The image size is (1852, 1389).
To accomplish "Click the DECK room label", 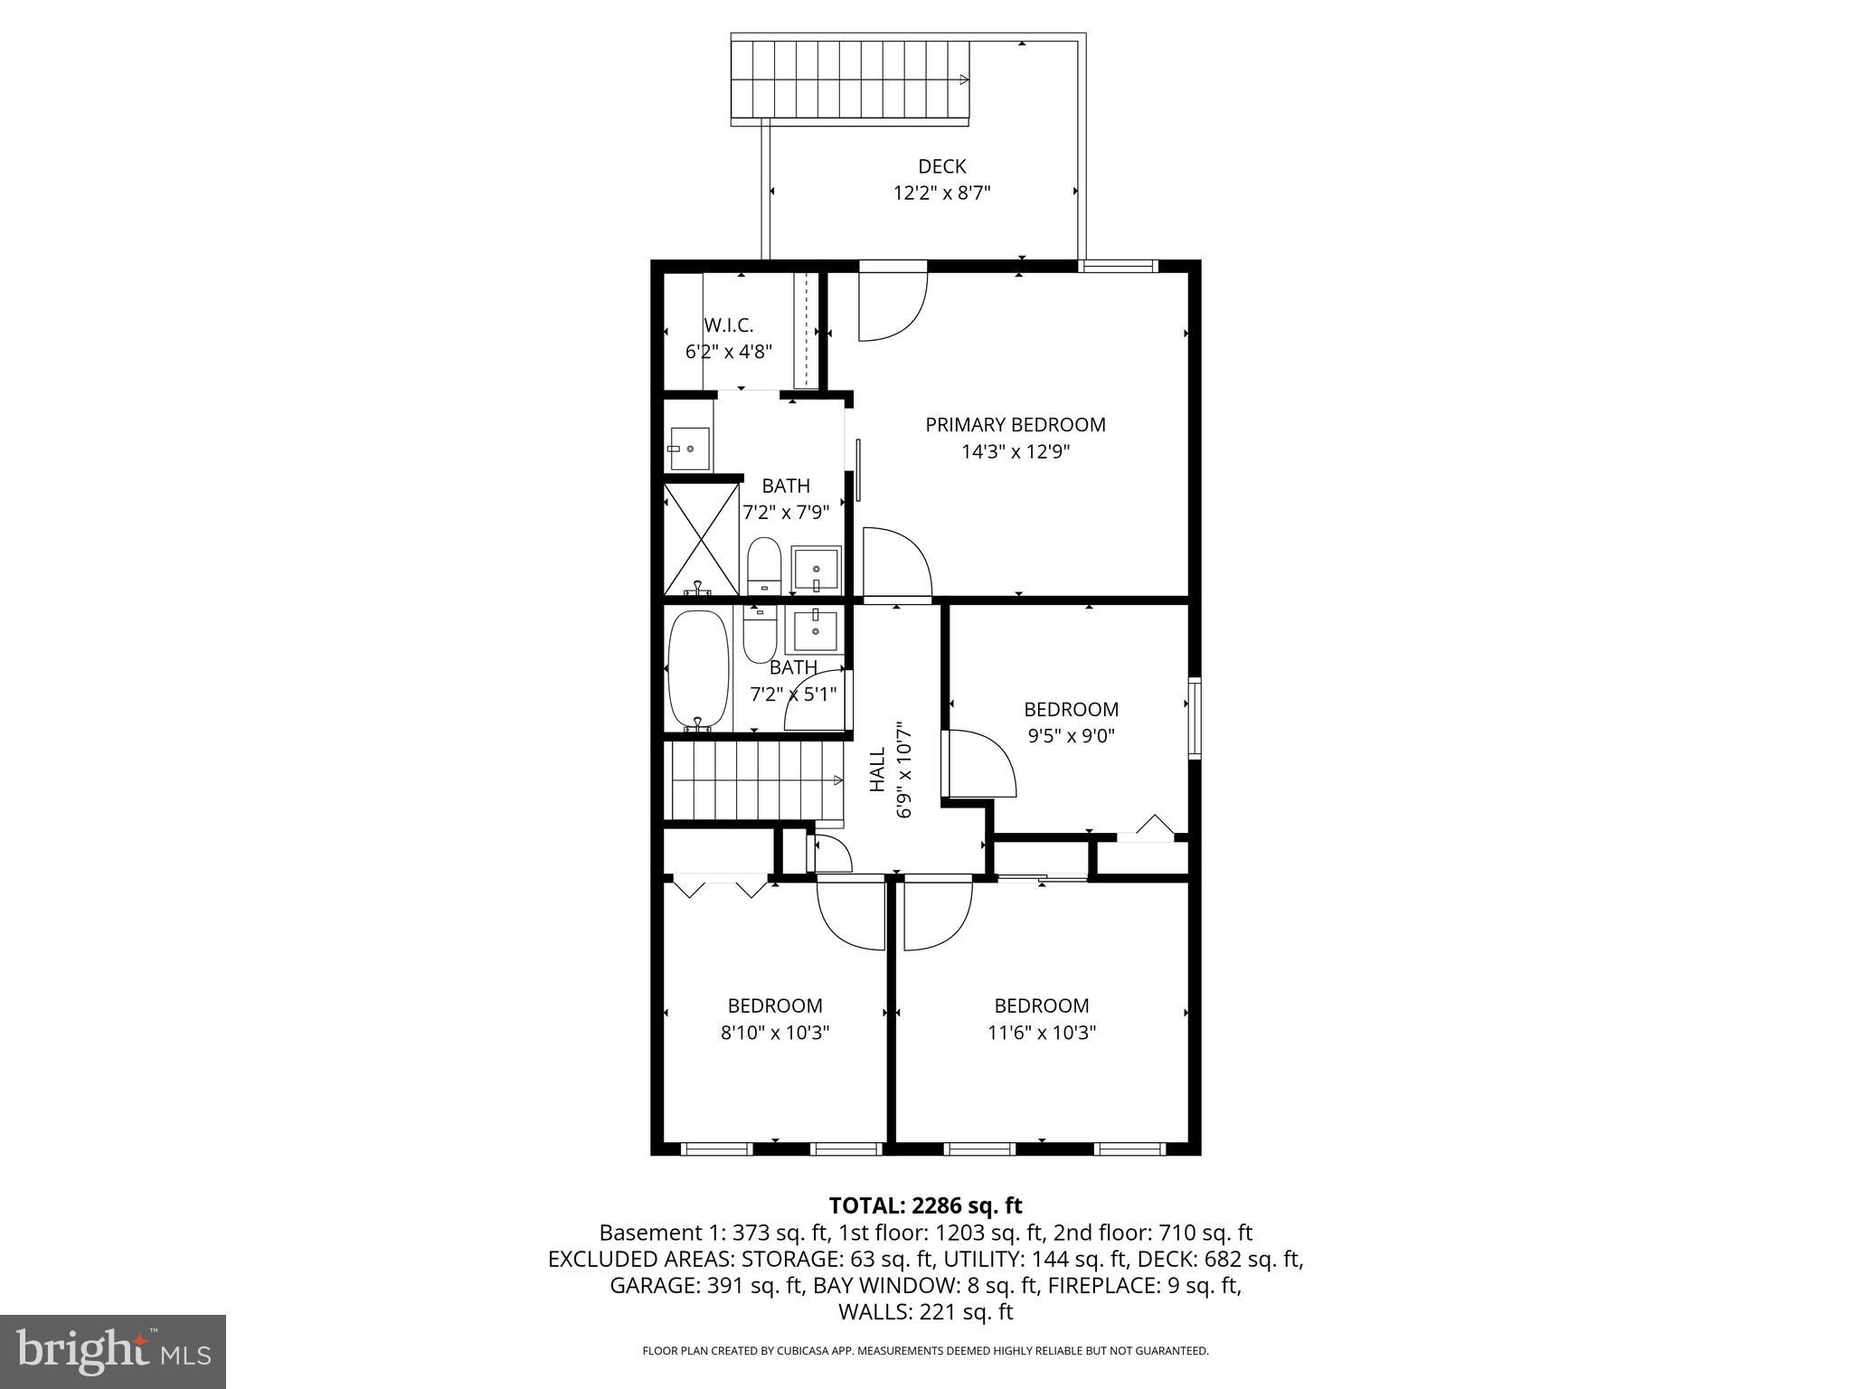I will tap(941, 166).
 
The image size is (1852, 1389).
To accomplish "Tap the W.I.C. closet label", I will tap(728, 326).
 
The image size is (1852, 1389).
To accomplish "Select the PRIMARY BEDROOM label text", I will tap(1015, 425).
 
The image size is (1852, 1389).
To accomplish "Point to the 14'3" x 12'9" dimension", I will tap(1015, 451).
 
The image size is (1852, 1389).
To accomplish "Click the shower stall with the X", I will tap(701, 540).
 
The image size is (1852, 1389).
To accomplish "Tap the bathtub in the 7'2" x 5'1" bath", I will tap(698, 670).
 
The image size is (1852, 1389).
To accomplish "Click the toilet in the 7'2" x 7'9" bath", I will tap(764, 564).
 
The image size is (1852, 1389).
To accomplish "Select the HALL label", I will tap(877, 770).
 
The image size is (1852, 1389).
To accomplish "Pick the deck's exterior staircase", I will tap(850, 80).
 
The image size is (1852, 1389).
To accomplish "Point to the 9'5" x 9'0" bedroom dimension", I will tap(1071, 736).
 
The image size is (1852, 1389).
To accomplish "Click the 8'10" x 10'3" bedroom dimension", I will tap(775, 1033).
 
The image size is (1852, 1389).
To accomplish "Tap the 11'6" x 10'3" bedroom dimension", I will tap(1042, 1033).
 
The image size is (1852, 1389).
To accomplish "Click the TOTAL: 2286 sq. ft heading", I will tap(925, 1205).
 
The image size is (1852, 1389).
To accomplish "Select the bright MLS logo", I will tap(113, 1351).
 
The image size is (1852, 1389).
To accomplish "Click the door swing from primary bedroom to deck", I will tap(893, 305).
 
